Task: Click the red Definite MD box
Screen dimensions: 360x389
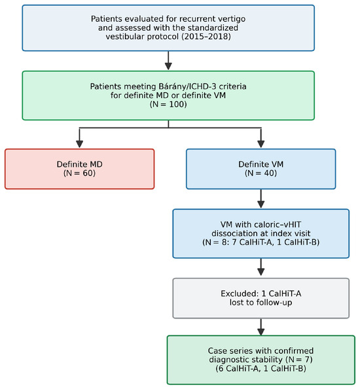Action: [x=79, y=169]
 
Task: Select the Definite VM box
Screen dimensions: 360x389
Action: [x=261, y=169]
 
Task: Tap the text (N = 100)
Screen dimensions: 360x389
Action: [x=168, y=104]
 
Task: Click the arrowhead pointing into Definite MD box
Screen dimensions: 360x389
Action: [x=79, y=144]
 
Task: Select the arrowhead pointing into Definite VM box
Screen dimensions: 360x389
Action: [x=261, y=144]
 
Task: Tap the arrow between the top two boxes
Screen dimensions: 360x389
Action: [x=168, y=61]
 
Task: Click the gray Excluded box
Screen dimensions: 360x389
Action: [x=261, y=298]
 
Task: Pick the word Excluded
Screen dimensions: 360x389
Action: [x=240, y=294]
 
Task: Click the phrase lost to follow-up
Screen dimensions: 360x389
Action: [x=261, y=303]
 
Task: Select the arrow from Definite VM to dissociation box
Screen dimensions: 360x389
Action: [x=261, y=199]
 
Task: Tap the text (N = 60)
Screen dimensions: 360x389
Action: [x=79, y=173]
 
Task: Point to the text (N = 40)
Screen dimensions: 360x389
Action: [x=261, y=173]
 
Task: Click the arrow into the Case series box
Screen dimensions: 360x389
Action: [x=261, y=327]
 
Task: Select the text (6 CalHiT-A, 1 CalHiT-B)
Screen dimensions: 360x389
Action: [x=261, y=369]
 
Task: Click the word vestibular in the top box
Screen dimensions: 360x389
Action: [x=125, y=37]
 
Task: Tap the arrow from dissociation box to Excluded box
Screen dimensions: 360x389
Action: [x=261, y=267]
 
